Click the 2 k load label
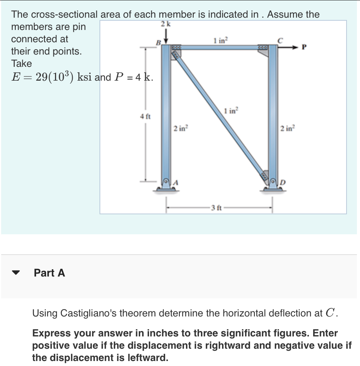(165, 24)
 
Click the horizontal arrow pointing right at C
(290, 47)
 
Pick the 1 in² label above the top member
(221, 39)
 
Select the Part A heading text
(50, 273)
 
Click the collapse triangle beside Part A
(16, 273)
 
